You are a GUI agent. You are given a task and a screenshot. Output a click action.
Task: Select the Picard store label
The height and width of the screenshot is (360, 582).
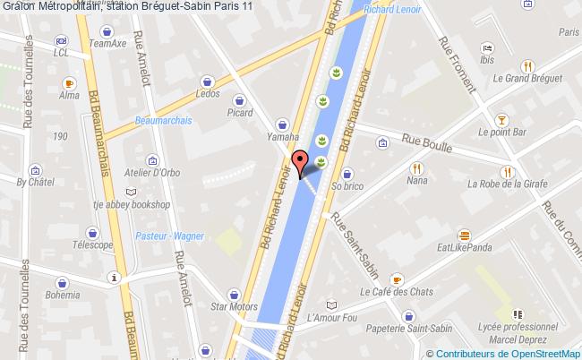pyautogui.click(x=241, y=112)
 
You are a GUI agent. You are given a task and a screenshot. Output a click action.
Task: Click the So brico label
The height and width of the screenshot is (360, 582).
pyautogui.click(x=349, y=186)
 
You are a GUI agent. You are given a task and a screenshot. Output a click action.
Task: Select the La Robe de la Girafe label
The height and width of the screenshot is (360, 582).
pyautogui.click(x=507, y=186)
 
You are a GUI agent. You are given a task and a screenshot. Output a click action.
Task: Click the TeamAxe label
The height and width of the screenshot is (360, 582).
pyautogui.click(x=113, y=42)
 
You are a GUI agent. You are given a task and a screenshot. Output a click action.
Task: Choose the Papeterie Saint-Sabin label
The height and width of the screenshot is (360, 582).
pyautogui.click(x=409, y=330)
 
